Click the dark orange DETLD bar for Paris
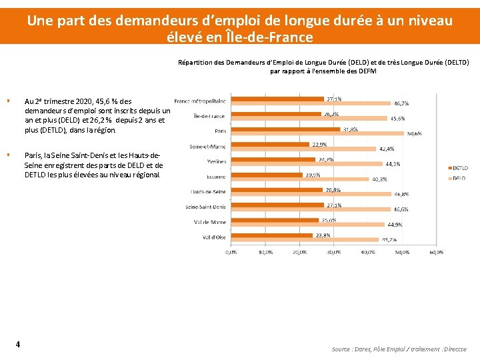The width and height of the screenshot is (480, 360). pos(285,129)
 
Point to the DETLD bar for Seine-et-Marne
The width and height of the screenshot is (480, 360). pos(269,145)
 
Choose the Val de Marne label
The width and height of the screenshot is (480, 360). pos(210,222)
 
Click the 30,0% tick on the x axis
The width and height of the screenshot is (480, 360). pos(333,252)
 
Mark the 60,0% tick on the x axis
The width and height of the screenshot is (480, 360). pos(436,252)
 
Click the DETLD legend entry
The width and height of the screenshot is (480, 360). pos(459,168)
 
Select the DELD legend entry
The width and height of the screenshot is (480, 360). pos(459,178)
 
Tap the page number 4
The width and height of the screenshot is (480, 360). pos(17,344)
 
